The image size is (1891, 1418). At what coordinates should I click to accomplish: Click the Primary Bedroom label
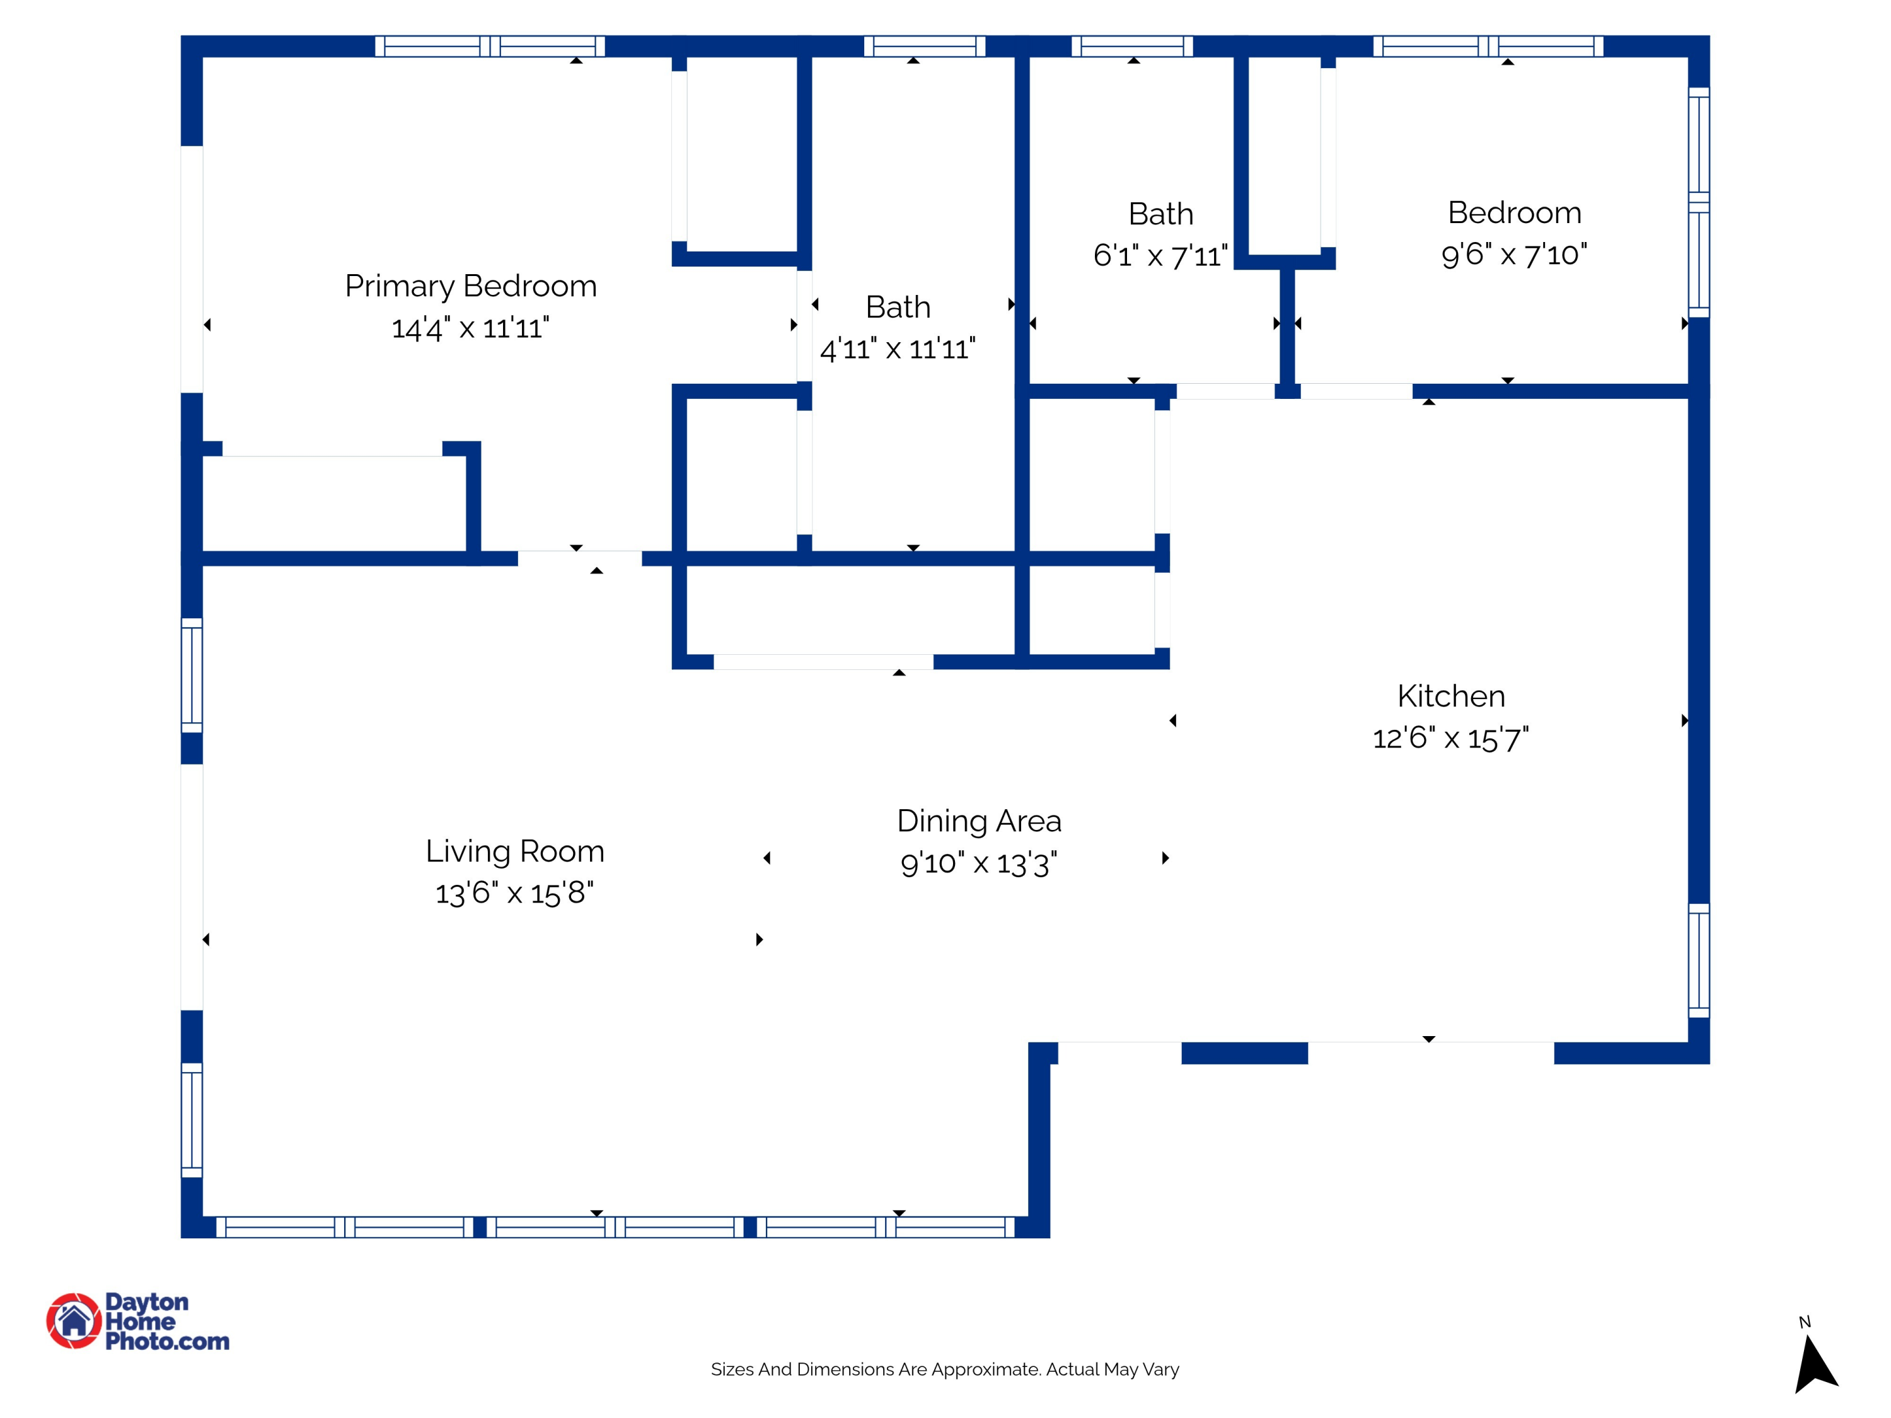[x=470, y=286]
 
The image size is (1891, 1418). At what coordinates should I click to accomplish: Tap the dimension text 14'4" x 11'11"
[x=470, y=328]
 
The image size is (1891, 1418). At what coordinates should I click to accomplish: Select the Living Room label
[x=514, y=851]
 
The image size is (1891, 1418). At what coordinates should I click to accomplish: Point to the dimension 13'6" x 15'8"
[x=514, y=893]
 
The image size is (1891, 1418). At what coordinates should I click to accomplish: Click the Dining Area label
[x=979, y=821]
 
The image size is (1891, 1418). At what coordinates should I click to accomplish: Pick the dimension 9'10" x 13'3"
[x=979, y=863]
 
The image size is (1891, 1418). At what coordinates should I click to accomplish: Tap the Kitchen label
[x=1451, y=696]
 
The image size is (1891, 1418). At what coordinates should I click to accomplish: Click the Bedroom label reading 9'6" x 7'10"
[x=1514, y=213]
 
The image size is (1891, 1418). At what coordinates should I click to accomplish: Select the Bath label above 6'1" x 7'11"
[x=1160, y=214]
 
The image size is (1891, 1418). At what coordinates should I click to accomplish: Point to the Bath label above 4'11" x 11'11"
[x=898, y=308]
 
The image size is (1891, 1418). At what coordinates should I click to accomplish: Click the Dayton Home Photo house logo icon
[x=74, y=1320]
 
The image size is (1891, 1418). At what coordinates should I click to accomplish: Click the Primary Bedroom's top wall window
[x=490, y=46]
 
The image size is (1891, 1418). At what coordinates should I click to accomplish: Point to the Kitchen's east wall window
[x=1699, y=960]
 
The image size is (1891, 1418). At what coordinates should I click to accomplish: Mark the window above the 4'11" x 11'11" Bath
[x=924, y=46]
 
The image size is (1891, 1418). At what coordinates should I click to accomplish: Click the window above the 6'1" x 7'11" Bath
[x=1132, y=46]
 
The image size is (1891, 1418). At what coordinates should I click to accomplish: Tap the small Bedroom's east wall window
[x=1699, y=202]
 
